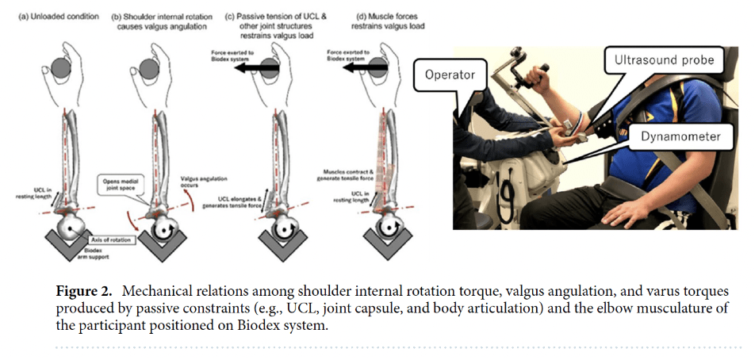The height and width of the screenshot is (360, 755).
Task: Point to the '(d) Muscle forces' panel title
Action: click(361, 14)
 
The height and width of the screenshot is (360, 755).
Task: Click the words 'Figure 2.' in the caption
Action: click(86, 291)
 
